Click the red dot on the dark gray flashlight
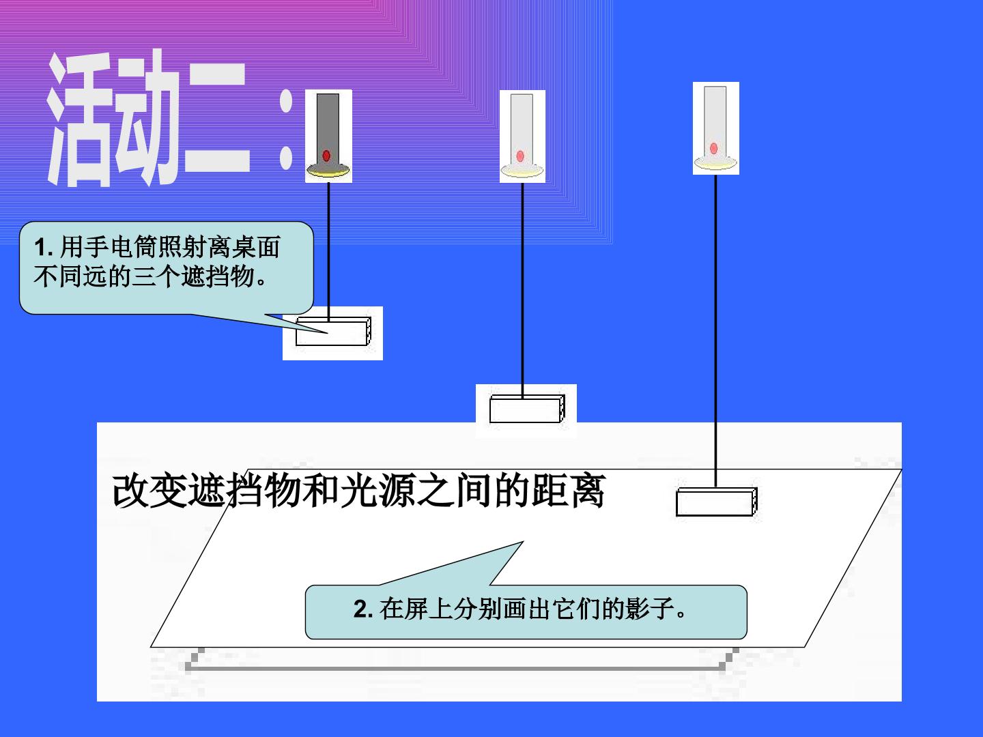[326, 156]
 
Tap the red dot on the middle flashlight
[520, 156]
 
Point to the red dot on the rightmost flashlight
[714, 148]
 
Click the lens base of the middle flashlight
[522, 170]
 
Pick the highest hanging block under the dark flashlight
[333, 332]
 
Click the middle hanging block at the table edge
[527, 409]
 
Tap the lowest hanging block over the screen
[717, 502]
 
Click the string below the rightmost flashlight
[715, 331]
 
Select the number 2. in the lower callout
[363, 609]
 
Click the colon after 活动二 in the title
[286, 130]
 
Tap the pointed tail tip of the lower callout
[523, 542]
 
